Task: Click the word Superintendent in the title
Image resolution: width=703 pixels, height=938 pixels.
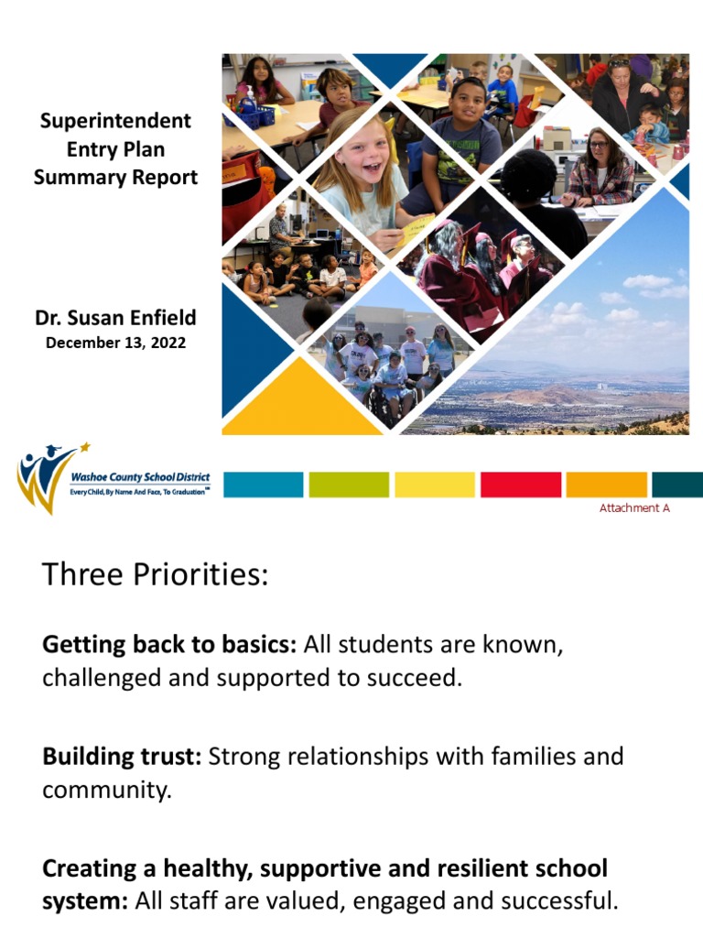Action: (115, 121)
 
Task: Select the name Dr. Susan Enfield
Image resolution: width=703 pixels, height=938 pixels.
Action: (115, 319)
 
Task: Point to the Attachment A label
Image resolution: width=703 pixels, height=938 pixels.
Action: (634, 507)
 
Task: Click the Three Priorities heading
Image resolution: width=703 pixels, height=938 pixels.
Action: (156, 576)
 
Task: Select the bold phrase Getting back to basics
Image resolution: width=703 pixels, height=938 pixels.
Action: (169, 645)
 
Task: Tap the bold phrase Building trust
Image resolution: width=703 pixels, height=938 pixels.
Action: (123, 757)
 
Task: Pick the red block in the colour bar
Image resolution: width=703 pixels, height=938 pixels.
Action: (521, 484)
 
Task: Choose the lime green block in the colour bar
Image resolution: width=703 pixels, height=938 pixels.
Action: (348, 484)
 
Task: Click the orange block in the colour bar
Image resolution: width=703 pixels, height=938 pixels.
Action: (606, 484)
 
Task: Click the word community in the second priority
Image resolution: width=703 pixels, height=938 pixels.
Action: (105, 790)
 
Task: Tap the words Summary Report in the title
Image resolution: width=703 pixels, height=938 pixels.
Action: (115, 178)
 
